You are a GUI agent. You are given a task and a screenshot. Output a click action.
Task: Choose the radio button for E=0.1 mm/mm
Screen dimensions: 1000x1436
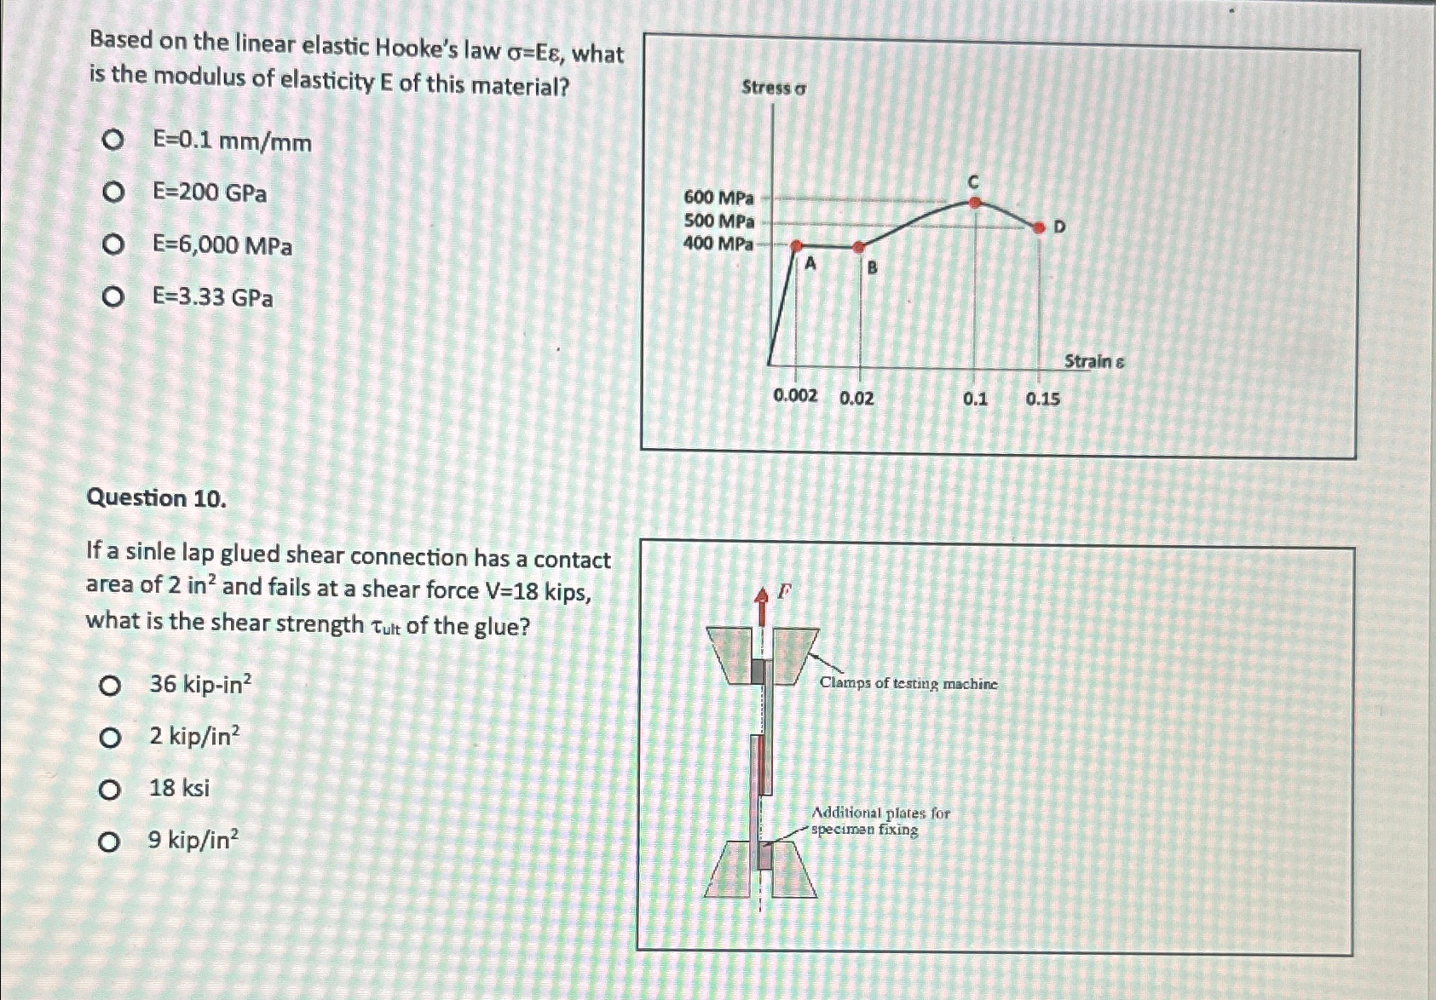pos(112,141)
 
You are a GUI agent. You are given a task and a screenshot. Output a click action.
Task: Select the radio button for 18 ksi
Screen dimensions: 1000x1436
pos(109,790)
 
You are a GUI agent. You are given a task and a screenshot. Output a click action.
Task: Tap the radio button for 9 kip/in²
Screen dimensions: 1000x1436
pos(109,842)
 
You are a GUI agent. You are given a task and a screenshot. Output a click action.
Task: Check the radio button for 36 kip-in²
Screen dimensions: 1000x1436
pos(109,685)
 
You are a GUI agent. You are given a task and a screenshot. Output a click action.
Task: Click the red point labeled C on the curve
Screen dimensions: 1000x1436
pos(976,203)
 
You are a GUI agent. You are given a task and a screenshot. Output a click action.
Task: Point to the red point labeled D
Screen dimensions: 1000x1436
pos(1038,227)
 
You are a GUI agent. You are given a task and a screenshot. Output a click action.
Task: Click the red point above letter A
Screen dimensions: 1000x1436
pos(797,245)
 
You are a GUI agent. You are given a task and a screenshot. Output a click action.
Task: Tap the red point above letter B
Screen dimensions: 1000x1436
pos(859,247)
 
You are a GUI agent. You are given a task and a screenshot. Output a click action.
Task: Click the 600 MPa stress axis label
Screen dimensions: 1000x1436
pos(718,198)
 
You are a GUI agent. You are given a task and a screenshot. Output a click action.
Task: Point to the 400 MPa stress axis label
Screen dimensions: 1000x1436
pos(718,244)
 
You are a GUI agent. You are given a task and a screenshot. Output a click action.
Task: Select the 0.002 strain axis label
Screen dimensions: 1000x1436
pos(794,396)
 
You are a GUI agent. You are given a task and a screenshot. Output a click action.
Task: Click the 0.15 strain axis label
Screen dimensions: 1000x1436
pos(1042,399)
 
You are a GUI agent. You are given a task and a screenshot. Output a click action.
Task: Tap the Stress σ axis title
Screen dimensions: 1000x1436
pos(774,88)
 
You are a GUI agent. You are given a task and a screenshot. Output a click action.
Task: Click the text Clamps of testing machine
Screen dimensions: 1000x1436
pos(908,683)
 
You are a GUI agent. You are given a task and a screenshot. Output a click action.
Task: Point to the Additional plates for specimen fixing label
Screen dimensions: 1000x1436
pos(880,821)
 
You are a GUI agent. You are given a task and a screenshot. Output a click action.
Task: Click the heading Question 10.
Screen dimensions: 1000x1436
pos(157,498)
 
